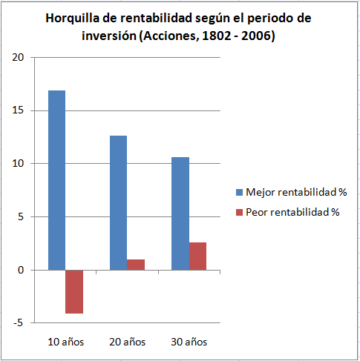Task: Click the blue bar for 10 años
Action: pyautogui.click(x=56, y=180)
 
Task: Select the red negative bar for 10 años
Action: pyautogui.click(x=74, y=292)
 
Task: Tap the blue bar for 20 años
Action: pyautogui.click(x=118, y=203)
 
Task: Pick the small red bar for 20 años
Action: pyautogui.click(x=136, y=265)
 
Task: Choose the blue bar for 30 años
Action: pyautogui.click(x=180, y=213)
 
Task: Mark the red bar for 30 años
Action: pyautogui.click(x=197, y=256)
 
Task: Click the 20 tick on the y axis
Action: pyautogui.click(x=18, y=57)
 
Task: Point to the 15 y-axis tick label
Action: pyautogui.click(x=18, y=110)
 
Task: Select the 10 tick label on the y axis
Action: pyautogui.click(x=18, y=163)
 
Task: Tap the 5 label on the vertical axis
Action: pyautogui.click(x=21, y=216)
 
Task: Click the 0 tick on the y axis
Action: pyautogui.click(x=21, y=270)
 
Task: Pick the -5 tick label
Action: pyautogui.click(x=19, y=322)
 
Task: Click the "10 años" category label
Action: pyautogui.click(x=66, y=342)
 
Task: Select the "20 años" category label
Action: pyautogui.click(x=128, y=342)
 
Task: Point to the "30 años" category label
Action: pyautogui.click(x=189, y=342)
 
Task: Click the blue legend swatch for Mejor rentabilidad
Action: pyautogui.click(x=239, y=193)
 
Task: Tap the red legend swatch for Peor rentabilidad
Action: pyautogui.click(x=239, y=213)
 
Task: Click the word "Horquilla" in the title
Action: pyautogui.click(x=73, y=19)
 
